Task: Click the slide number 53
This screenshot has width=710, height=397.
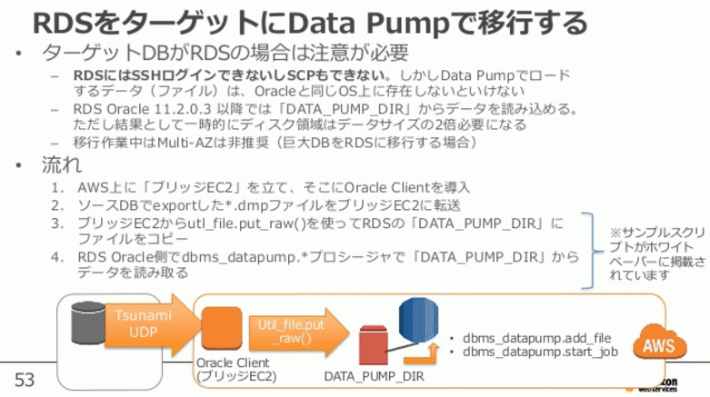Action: pos(24,380)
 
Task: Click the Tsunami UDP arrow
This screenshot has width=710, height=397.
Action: pos(153,324)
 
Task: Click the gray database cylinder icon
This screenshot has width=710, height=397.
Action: pos(88,323)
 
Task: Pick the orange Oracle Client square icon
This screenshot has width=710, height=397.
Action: pos(222,328)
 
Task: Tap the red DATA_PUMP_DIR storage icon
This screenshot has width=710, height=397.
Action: pos(373,345)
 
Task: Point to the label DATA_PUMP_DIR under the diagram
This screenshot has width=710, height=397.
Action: pos(374,376)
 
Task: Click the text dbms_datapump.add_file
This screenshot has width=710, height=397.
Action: pos(536,338)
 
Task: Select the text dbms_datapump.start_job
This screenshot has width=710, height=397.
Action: pos(540,352)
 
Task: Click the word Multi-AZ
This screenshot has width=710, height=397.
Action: pos(185,143)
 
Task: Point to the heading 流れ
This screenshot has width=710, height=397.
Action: pos(62,164)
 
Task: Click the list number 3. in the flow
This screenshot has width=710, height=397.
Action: pos(57,223)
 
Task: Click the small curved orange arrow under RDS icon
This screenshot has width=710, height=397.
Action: pos(422,354)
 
